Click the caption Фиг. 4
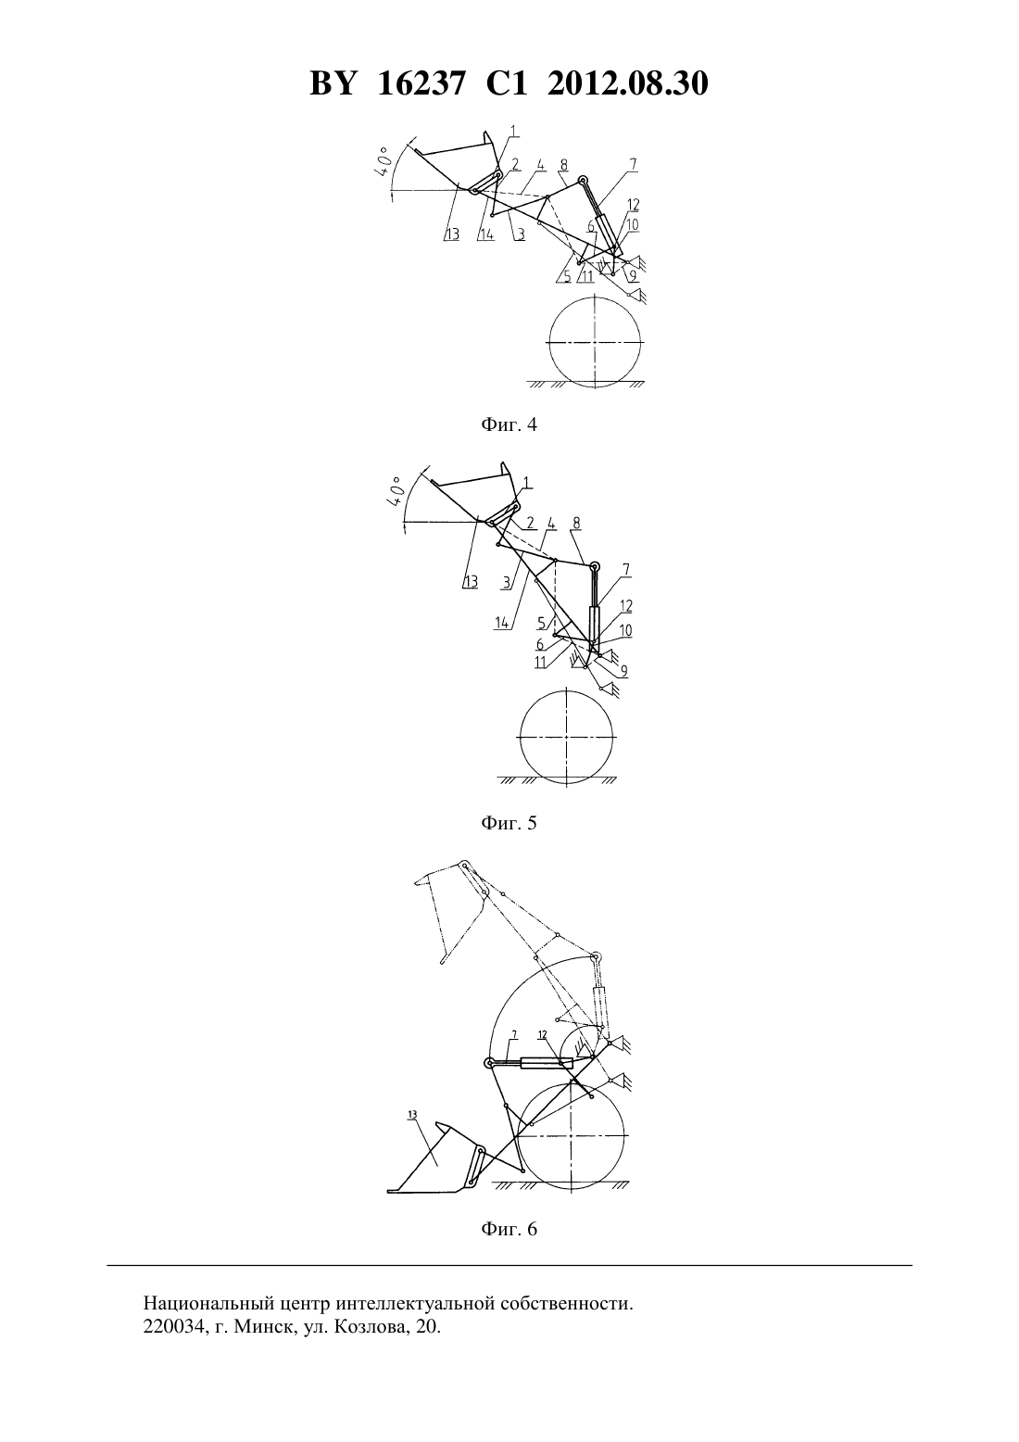pyautogui.click(x=509, y=424)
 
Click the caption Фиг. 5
pyautogui.click(x=509, y=823)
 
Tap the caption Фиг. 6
pyautogui.click(x=509, y=1229)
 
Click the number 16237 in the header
pyautogui.click(x=421, y=83)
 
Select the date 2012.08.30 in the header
pyautogui.click(x=628, y=83)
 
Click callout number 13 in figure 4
pyautogui.click(x=453, y=234)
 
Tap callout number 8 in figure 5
pyautogui.click(x=576, y=523)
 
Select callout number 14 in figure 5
pyautogui.click(x=502, y=623)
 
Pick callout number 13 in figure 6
pyautogui.click(x=412, y=1114)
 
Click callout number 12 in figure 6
pyautogui.click(x=542, y=1034)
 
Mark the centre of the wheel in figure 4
pyautogui.click(x=596, y=340)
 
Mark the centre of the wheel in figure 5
pyautogui.click(x=566, y=737)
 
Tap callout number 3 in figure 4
pyautogui.click(x=521, y=234)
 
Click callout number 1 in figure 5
pyautogui.click(x=526, y=482)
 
